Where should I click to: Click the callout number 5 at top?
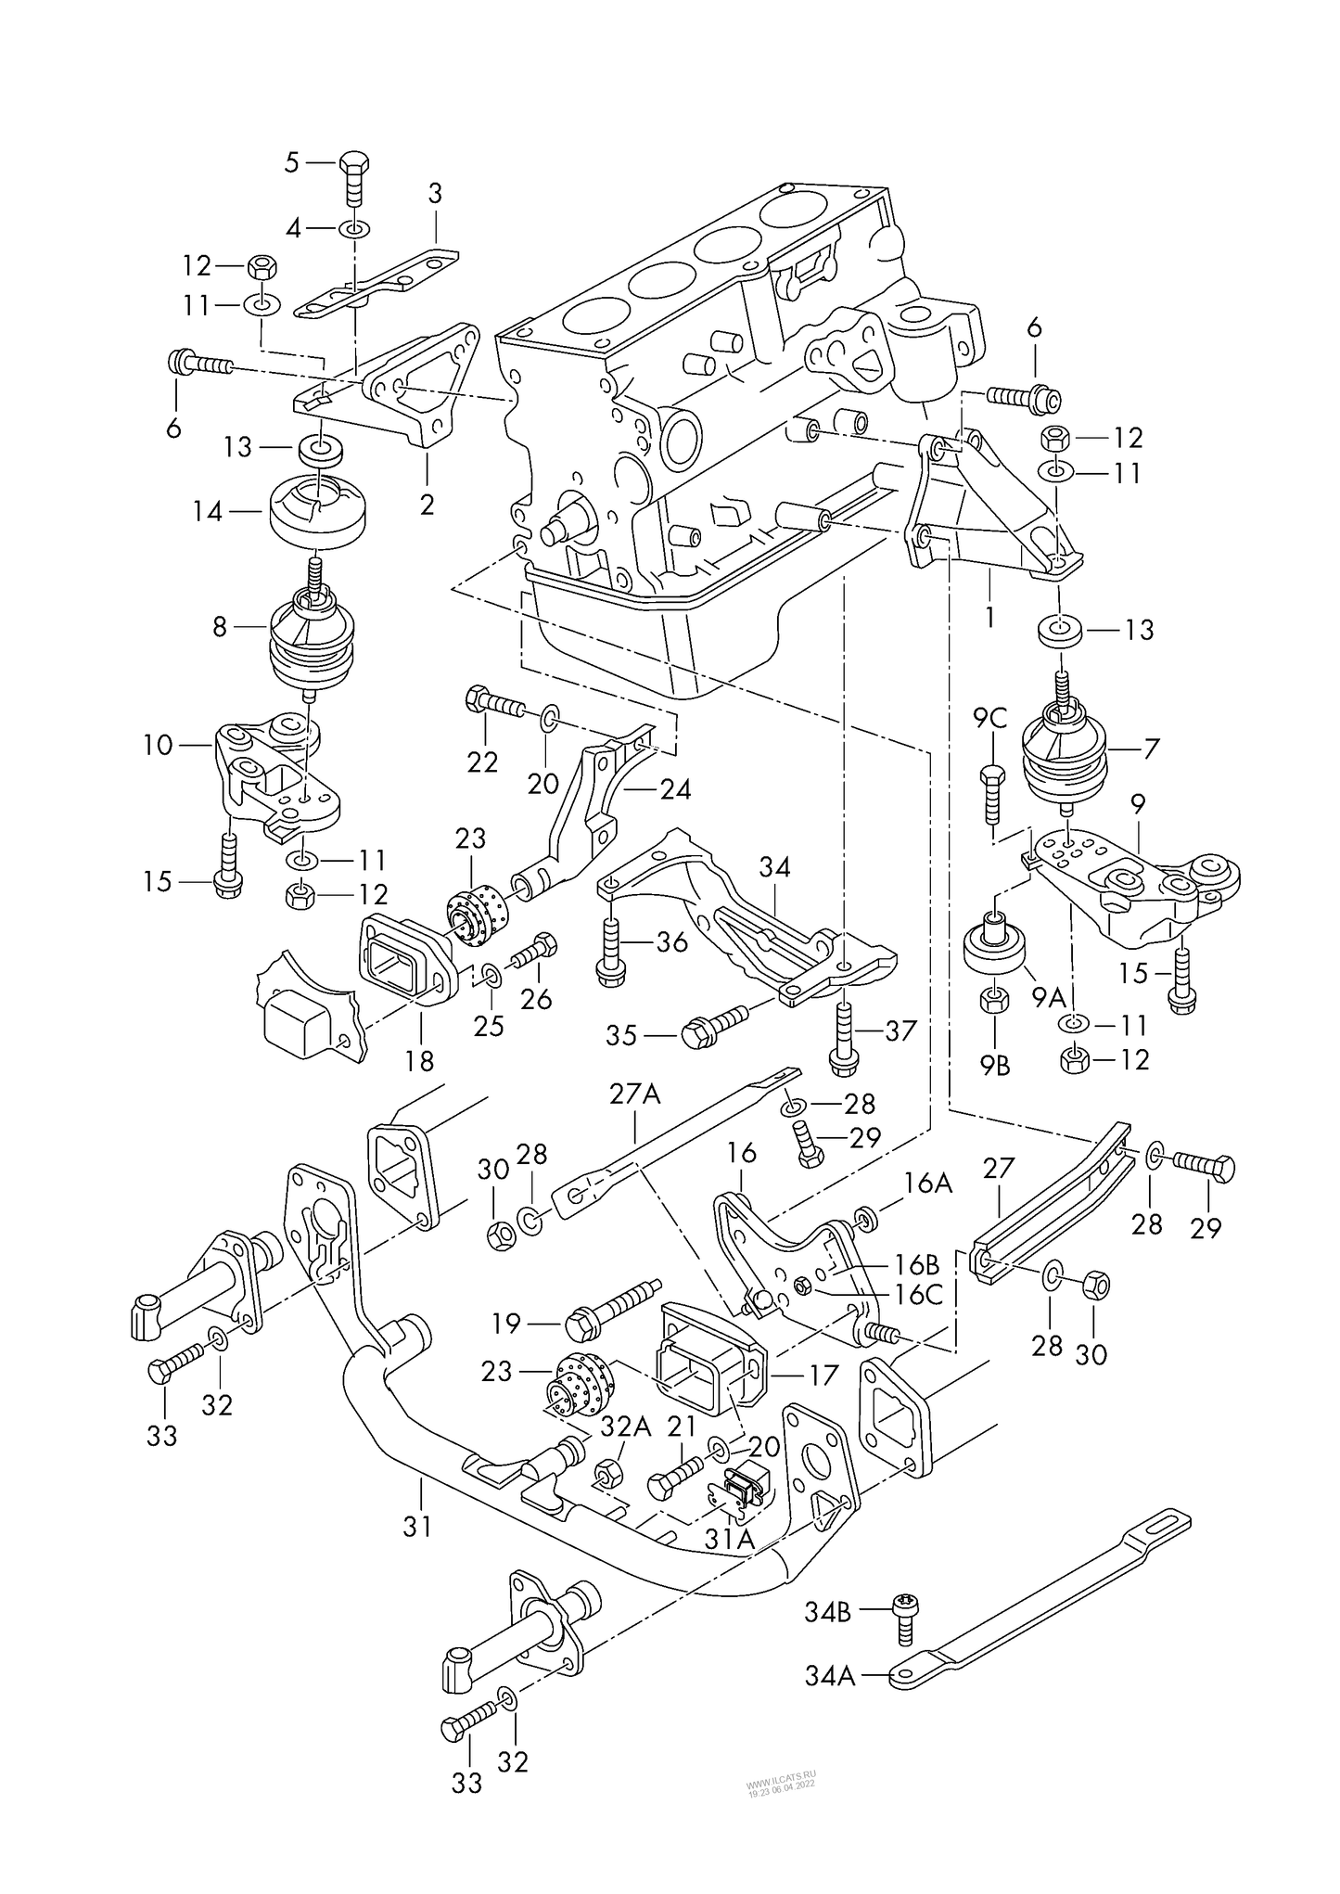(x=292, y=163)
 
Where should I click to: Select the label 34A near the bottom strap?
(x=831, y=1676)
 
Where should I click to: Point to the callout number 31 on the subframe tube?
(x=417, y=1525)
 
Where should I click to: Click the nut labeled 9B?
(x=994, y=1000)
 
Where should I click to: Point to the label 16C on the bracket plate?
(x=920, y=1294)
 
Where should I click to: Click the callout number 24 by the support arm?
(x=675, y=790)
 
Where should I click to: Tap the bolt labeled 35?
(x=713, y=1030)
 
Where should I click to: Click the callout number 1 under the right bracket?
(x=989, y=615)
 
